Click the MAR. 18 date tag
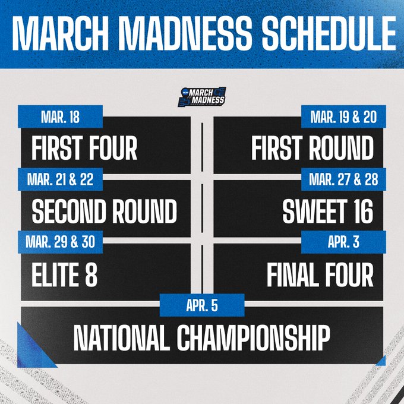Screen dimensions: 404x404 [61, 117]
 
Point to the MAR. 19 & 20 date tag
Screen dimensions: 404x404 [344, 117]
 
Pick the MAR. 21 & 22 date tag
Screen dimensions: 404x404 [61, 179]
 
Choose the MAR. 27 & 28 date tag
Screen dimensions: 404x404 [344, 179]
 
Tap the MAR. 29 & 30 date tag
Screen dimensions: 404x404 [61, 242]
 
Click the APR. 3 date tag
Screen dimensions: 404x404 [344, 242]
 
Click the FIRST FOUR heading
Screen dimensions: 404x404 [84, 149]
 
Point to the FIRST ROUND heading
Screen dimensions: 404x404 [312, 149]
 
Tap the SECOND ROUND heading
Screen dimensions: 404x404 [104, 212]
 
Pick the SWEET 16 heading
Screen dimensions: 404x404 [327, 212]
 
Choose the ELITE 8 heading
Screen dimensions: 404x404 [64, 274]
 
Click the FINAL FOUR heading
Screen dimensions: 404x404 [320, 274]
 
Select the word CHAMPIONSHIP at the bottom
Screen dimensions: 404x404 [252, 338]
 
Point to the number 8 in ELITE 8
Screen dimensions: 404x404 [90, 274]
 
